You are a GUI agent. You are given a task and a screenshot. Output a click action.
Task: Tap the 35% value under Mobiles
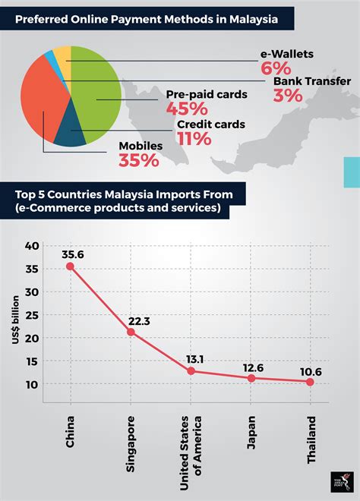coord(138,160)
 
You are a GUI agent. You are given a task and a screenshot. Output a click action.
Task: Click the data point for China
coord(70,266)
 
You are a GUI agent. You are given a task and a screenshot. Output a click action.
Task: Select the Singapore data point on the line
coord(131,332)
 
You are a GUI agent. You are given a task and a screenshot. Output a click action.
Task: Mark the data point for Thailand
coord(311,382)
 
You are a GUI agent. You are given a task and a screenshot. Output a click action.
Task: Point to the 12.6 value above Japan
coord(252,368)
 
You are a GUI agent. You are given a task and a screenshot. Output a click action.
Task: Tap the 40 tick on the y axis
coord(31,246)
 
